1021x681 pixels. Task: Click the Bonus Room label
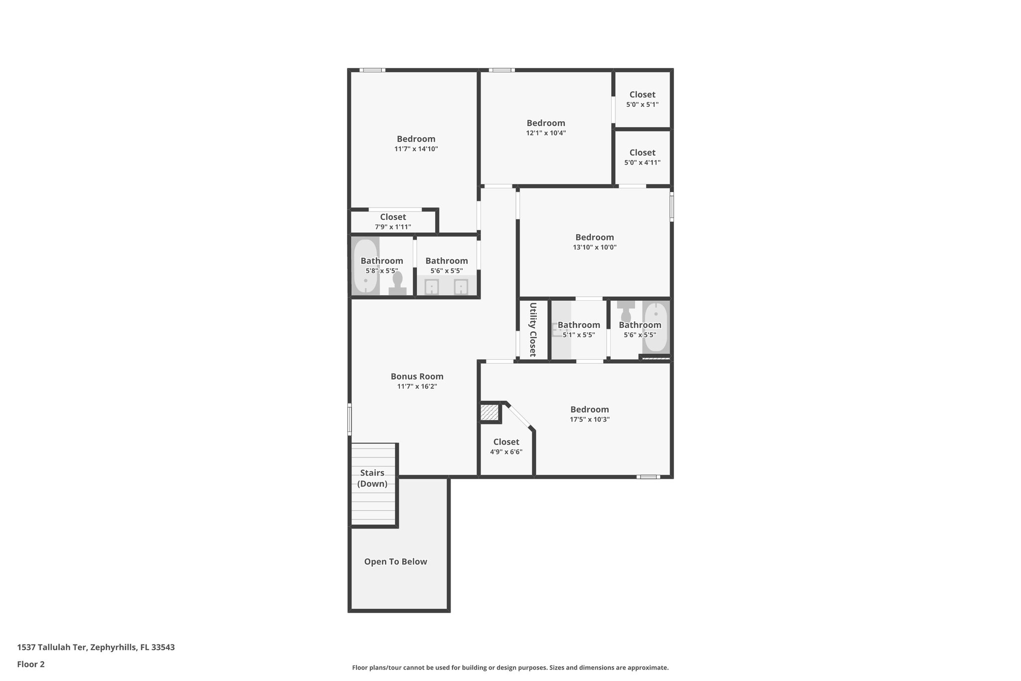click(417, 377)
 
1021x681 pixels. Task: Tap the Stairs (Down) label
click(372, 478)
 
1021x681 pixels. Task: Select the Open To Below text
click(395, 562)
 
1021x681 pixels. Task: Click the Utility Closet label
click(532, 329)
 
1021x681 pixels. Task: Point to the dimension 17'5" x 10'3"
click(590, 420)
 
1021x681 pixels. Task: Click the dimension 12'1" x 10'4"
click(546, 133)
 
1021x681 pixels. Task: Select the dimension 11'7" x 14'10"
click(416, 149)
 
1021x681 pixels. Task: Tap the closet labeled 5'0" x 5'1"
click(642, 99)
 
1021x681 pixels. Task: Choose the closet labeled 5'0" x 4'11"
click(642, 157)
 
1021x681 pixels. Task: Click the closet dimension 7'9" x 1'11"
click(393, 227)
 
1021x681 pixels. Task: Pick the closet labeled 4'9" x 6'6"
click(506, 447)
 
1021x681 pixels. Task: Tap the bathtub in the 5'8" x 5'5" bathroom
click(365, 267)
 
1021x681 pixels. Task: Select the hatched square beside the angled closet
click(489, 413)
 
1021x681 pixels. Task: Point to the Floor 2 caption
click(31, 664)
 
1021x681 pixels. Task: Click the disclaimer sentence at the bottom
click(510, 668)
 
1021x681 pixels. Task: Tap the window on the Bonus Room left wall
click(349, 419)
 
